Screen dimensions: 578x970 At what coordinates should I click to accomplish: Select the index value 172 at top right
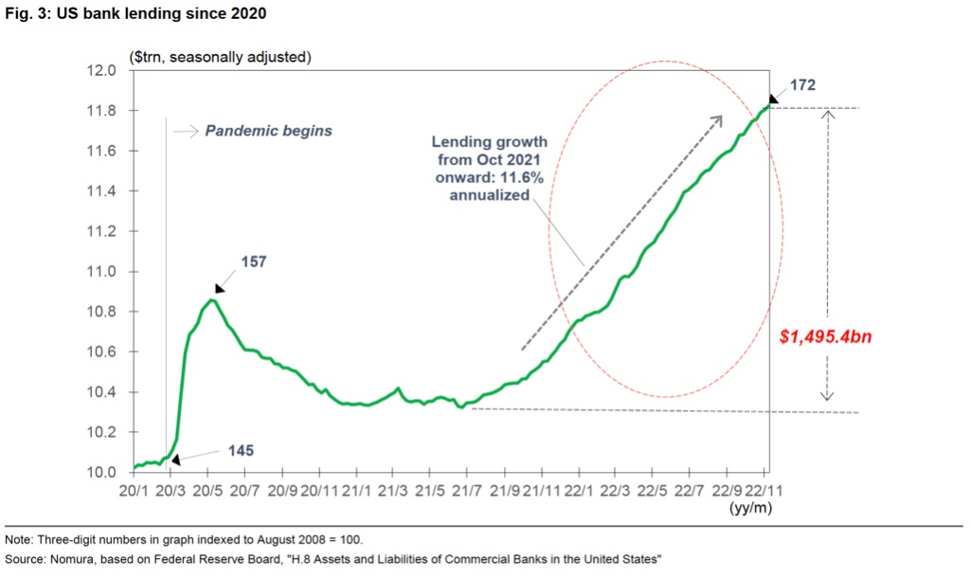point(800,85)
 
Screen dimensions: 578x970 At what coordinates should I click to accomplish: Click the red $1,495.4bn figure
point(823,335)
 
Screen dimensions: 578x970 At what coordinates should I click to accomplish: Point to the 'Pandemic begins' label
point(268,131)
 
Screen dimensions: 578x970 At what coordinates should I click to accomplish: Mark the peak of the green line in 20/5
point(211,300)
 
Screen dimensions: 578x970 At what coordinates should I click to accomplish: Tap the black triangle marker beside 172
point(774,97)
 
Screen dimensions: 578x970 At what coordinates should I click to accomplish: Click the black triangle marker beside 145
point(174,458)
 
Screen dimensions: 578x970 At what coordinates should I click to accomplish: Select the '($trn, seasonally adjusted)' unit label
point(220,57)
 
